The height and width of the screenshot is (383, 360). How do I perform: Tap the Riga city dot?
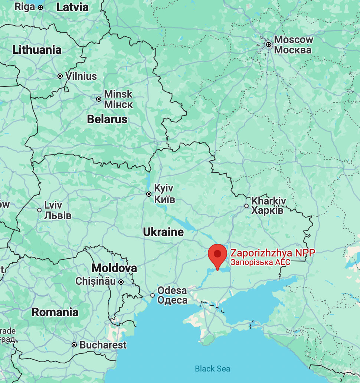click(40, 7)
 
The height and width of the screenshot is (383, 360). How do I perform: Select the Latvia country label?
click(72, 7)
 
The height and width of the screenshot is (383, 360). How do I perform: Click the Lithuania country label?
click(37, 50)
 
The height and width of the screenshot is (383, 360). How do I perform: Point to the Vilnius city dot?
click(60, 76)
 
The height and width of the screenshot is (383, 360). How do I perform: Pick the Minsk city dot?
click(99, 99)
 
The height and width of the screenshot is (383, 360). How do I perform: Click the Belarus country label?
click(107, 119)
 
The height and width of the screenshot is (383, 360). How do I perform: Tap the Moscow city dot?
click(269, 45)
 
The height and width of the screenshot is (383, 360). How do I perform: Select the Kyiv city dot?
click(149, 194)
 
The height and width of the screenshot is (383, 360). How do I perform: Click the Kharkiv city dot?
click(246, 206)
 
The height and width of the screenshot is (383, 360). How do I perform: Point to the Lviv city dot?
click(39, 210)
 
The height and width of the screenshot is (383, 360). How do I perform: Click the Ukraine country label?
click(163, 232)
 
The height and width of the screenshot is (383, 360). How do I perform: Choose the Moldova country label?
click(114, 268)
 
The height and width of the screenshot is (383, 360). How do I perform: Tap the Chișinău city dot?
click(121, 282)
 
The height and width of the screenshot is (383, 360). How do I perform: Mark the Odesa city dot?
click(153, 295)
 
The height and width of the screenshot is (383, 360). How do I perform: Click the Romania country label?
click(55, 312)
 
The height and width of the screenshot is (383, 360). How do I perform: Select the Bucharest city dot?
click(74, 345)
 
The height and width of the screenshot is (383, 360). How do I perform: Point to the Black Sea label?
click(212, 369)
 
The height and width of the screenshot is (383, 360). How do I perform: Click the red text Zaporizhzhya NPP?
click(273, 253)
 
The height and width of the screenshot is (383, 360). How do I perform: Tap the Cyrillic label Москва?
click(293, 50)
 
